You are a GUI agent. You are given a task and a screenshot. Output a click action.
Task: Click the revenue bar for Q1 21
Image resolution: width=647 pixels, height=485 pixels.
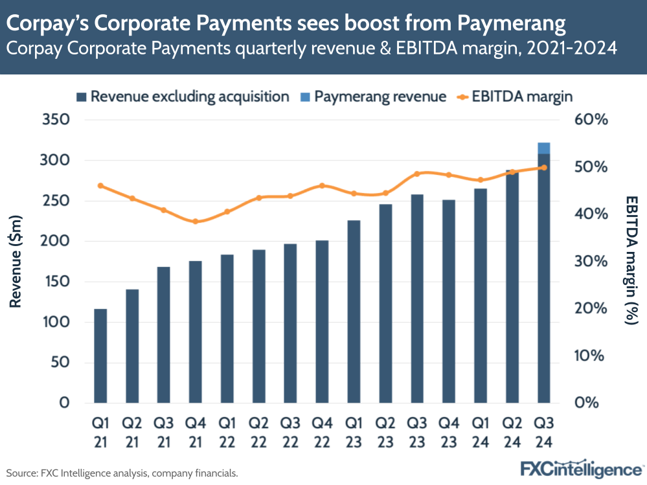point(100,356)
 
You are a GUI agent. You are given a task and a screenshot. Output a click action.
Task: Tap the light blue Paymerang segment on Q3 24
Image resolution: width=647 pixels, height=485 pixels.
point(544,148)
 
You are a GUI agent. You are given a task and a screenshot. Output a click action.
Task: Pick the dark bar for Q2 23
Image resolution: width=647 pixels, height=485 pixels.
point(385,304)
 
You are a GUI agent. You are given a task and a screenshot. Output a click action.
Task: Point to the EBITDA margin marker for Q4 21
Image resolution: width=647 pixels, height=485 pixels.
point(195,221)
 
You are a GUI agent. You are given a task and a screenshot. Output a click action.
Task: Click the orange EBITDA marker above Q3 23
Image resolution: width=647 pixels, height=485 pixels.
point(417,174)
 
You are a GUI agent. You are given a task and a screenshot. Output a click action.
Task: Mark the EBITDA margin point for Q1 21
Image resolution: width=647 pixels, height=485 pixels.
point(100,186)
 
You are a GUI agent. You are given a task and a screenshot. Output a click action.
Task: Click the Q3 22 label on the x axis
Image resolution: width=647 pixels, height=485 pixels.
point(290,432)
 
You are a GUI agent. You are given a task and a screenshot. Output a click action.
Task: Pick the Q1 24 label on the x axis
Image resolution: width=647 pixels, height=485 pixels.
point(480,432)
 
